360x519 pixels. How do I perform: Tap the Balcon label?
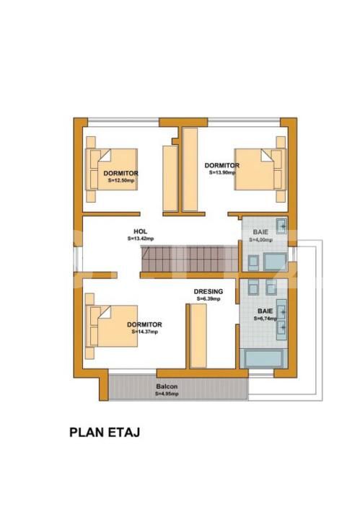pyautogui.click(x=166, y=387)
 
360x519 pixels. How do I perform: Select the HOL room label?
pyautogui.click(x=140, y=231)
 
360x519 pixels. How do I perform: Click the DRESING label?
pyautogui.click(x=208, y=291)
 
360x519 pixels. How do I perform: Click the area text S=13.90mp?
pyautogui.click(x=221, y=172)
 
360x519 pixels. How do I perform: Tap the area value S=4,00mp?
pyautogui.click(x=261, y=239)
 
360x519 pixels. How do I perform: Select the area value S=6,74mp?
pyautogui.click(x=265, y=318)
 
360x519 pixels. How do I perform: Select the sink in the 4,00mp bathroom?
pyautogui.click(x=284, y=228)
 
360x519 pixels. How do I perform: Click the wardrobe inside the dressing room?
pyautogui.click(x=197, y=335)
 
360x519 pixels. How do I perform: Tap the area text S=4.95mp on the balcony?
pyautogui.click(x=166, y=394)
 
